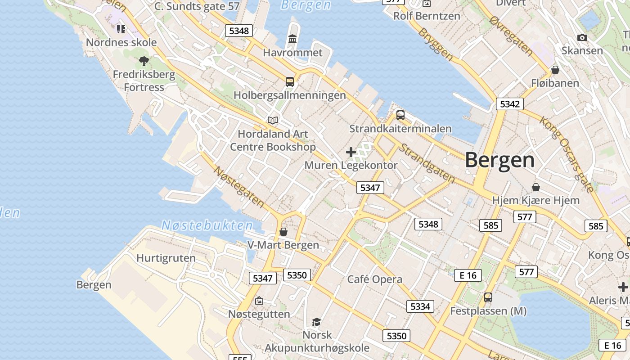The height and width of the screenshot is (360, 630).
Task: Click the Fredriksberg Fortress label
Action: click(144, 81)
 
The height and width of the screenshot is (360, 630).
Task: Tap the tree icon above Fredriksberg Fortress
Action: click(144, 61)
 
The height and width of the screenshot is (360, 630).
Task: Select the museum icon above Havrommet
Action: click(292, 39)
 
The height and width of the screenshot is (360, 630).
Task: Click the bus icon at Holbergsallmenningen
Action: click(290, 82)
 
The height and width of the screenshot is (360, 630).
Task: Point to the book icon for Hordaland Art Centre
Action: click(273, 120)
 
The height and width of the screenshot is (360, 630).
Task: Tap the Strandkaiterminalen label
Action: click(400, 129)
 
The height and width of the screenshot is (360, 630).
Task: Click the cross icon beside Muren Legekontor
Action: click(351, 152)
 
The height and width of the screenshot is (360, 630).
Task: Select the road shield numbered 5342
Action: click(510, 104)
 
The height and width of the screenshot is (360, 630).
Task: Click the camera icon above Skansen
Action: click(582, 37)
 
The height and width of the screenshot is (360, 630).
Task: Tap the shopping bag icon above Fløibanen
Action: click(555, 70)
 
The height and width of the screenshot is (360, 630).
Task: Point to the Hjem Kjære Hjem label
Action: click(535, 200)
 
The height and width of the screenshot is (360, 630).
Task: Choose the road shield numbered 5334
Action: click(420, 306)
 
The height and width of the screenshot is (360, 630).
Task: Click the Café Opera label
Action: click(375, 279)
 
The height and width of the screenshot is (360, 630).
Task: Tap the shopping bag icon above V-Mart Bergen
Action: click(283, 232)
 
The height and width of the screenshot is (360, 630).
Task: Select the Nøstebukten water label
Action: click(207, 225)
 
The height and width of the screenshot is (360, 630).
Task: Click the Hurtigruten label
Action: click(166, 258)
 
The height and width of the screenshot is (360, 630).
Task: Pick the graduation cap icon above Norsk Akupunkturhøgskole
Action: click(317, 322)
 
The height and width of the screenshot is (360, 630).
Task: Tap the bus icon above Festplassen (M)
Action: click(488, 297)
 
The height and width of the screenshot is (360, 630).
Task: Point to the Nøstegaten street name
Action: click(239, 187)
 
